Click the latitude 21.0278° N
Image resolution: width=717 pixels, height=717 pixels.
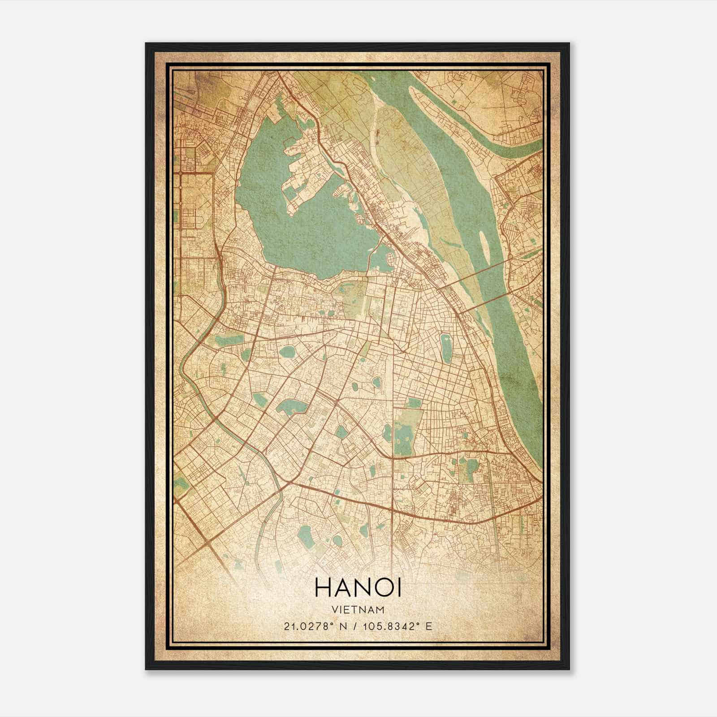[x=314, y=626]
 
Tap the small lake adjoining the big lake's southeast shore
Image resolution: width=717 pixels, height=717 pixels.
[x=381, y=260]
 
